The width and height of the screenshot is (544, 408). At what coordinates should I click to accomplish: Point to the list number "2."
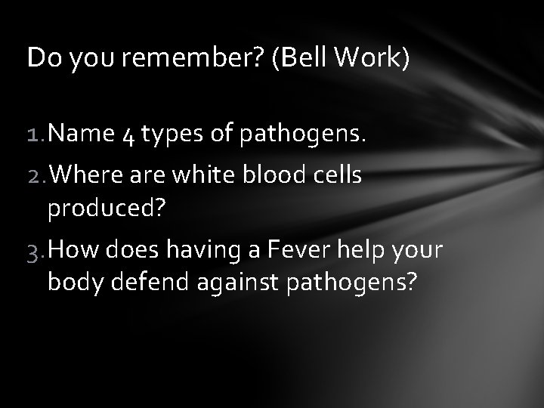pyautogui.click(x=36, y=176)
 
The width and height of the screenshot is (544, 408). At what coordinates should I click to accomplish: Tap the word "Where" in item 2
pyautogui.click(x=85, y=176)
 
